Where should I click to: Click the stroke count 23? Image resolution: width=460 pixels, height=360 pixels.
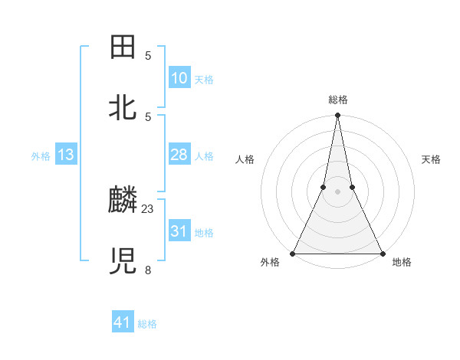(148, 208)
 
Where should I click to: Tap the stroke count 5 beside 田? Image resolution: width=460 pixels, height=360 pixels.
(148, 56)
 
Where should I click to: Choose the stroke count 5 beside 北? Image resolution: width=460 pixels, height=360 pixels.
(148, 116)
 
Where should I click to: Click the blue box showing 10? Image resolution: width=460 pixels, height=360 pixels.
(179, 78)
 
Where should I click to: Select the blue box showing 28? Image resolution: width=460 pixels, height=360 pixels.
(179, 155)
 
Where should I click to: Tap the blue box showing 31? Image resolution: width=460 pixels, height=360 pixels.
(179, 231)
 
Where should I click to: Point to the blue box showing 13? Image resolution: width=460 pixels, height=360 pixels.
(66, 155)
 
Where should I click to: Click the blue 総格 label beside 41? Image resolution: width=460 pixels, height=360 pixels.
(147, 324)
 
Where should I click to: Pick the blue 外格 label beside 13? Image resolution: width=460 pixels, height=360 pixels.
(41, 156)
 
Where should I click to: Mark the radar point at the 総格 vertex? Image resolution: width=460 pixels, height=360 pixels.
(337, 116)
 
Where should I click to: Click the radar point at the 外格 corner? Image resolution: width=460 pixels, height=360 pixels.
(293, 253)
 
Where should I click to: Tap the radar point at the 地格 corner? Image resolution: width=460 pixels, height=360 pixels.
(382, 253)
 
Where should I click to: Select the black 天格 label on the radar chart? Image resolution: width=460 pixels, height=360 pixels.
(432, 159)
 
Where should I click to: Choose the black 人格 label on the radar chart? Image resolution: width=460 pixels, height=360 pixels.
(245, 159)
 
